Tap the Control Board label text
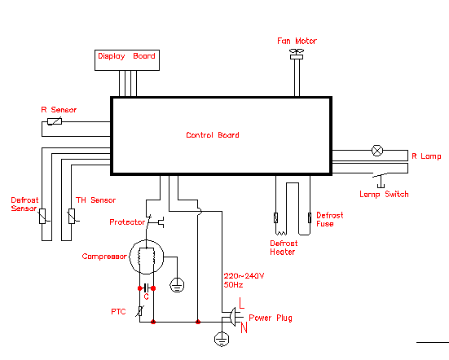pyautogui.click(x=213, y=134)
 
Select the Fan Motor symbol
pyautogui.click(x=297, y=54)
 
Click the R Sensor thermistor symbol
pyautogui.click(x=55, y=121)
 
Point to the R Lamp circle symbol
pyautogui.click(x=376, y=151)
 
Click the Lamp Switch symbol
pyautogui.click(x=381, y=180)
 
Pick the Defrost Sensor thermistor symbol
pyautogui.click(x=42, y=216)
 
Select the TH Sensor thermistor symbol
pyautogui.click(x=72, y=216)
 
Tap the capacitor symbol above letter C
pyautogui.click(x=147, y=288)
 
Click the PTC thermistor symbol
pyautogui.click(x=139, y=311)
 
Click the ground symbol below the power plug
pyautogui.click(x=222, y=339)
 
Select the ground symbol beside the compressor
pyautogui.click(x=177, y=285)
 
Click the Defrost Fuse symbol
pyautogui.click(x=310, y=217)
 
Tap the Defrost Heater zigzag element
pyautogui.click(x=281, y=232)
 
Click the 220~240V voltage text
pyautogui.click(x=244, y=276)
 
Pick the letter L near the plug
pyautogui.click(x=241, y=303)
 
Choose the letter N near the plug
pyautogui.click(x=244, y=327)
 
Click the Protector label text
pyautogui.click(x=127, y=222)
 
